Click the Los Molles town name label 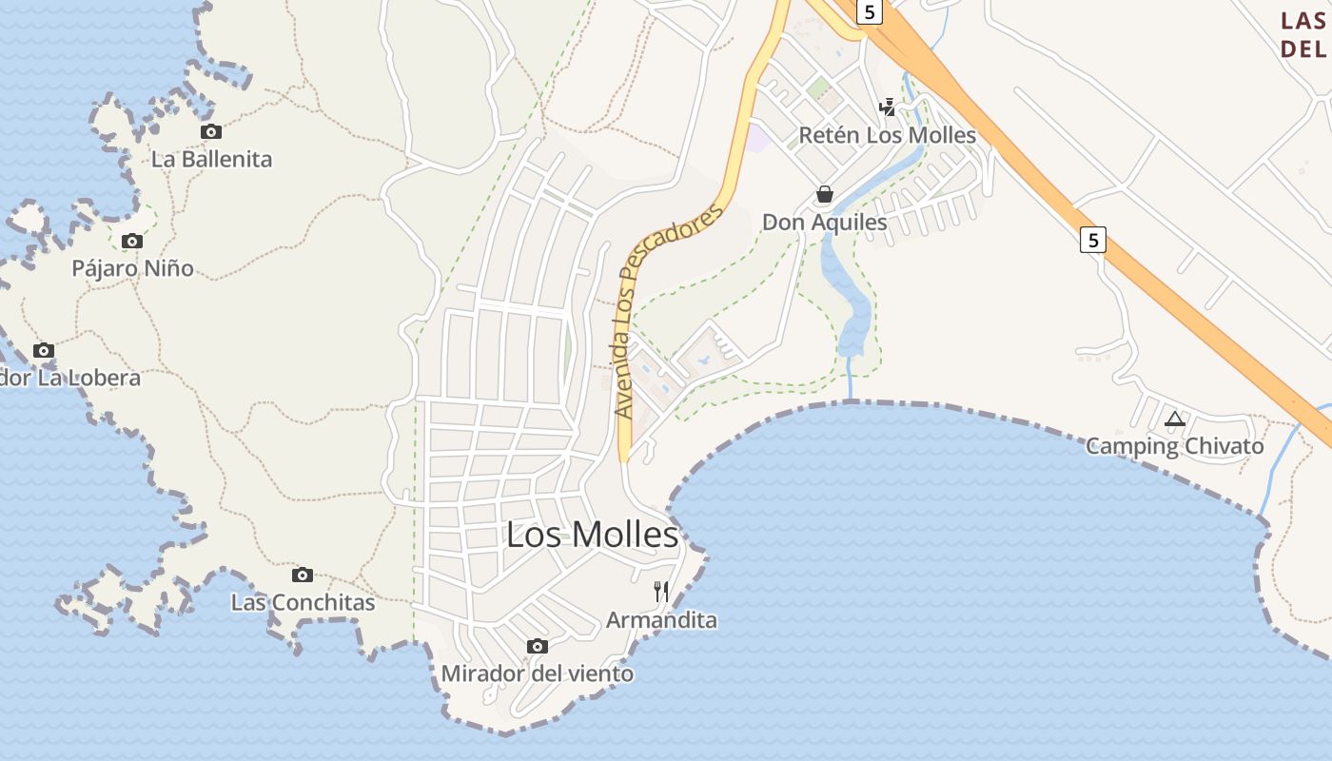tap(592, 535)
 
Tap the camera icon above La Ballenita tap(211, 132)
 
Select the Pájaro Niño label tap(132, 268)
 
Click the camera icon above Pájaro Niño tap(132, 242)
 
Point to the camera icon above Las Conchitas tap(303, 576)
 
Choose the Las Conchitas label tap(303, 602)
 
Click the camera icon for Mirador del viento tap(538, 647)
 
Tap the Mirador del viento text tap(538, 673)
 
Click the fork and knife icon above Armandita tap(661, 592)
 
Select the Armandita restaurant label tap(661, 620)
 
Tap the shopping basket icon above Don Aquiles tap(825, 195)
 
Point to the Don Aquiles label tap(825, 223)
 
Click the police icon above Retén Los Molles tap(888, 107)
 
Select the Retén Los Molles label tap(888, 135)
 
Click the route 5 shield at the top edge tap(869, 11)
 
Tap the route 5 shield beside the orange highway tap(1093, 240)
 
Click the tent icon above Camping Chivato tap(1175, 419)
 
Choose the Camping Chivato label tap(1175, 446)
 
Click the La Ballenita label tap(211, 159)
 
